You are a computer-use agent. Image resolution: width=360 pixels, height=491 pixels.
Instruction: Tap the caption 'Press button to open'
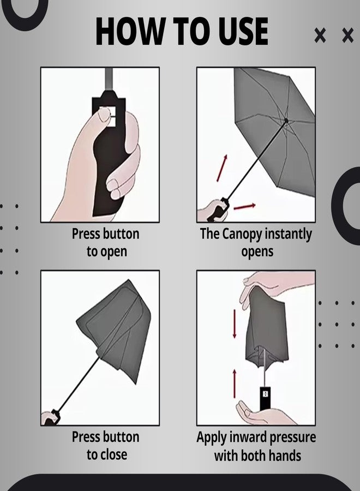click(106, 243)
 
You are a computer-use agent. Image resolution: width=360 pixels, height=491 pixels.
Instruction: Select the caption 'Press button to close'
click(106, 446)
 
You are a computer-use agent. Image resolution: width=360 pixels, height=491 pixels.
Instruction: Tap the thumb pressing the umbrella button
click(103, 117)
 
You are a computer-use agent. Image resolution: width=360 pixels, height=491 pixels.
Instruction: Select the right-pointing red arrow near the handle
click(245, 206)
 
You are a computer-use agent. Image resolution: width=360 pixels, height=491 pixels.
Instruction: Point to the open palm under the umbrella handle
click(262, 415)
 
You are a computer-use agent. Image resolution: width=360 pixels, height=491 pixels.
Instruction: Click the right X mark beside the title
click(347, 36)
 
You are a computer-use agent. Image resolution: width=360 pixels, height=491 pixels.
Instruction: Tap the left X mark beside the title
click(320, 36)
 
